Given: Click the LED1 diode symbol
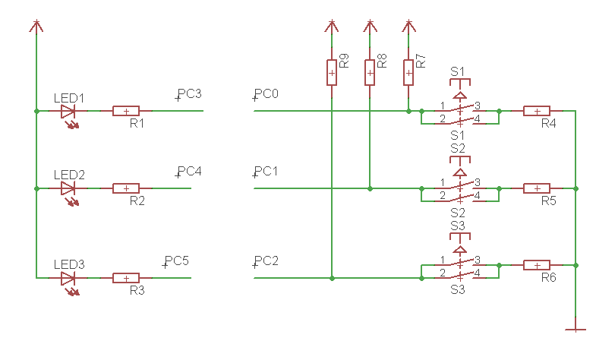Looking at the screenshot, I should click(x=68, y=111).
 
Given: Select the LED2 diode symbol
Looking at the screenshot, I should click(x=68, y=188).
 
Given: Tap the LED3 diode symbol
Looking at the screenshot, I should click(x=68, y=278).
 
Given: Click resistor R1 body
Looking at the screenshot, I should click(x=126, y=111).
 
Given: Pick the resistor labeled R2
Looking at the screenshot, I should click(x=126, y=188).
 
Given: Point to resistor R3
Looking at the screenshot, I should click(x=126, y=278).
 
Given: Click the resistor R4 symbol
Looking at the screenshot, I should click(x=537, y=111).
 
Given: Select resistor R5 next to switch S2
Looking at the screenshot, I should click(x=537, y=188).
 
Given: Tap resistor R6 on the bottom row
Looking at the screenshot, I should click(x=537, y=265).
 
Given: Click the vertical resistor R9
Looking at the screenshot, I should click(x=332, y=73).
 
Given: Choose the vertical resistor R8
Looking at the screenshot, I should click(x=370, y=73).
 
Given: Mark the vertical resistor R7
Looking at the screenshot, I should click(x=408, y=73).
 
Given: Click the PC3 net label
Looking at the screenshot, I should click(x=189, y=94).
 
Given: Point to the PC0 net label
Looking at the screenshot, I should click(x=266, y=94).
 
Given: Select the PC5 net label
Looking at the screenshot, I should click(x=176, y=261).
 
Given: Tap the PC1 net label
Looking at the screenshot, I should click(x=266, y=171).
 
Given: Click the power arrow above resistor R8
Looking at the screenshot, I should click(x=370, y=27).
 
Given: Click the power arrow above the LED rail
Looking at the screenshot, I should click(x=36, y=27).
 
